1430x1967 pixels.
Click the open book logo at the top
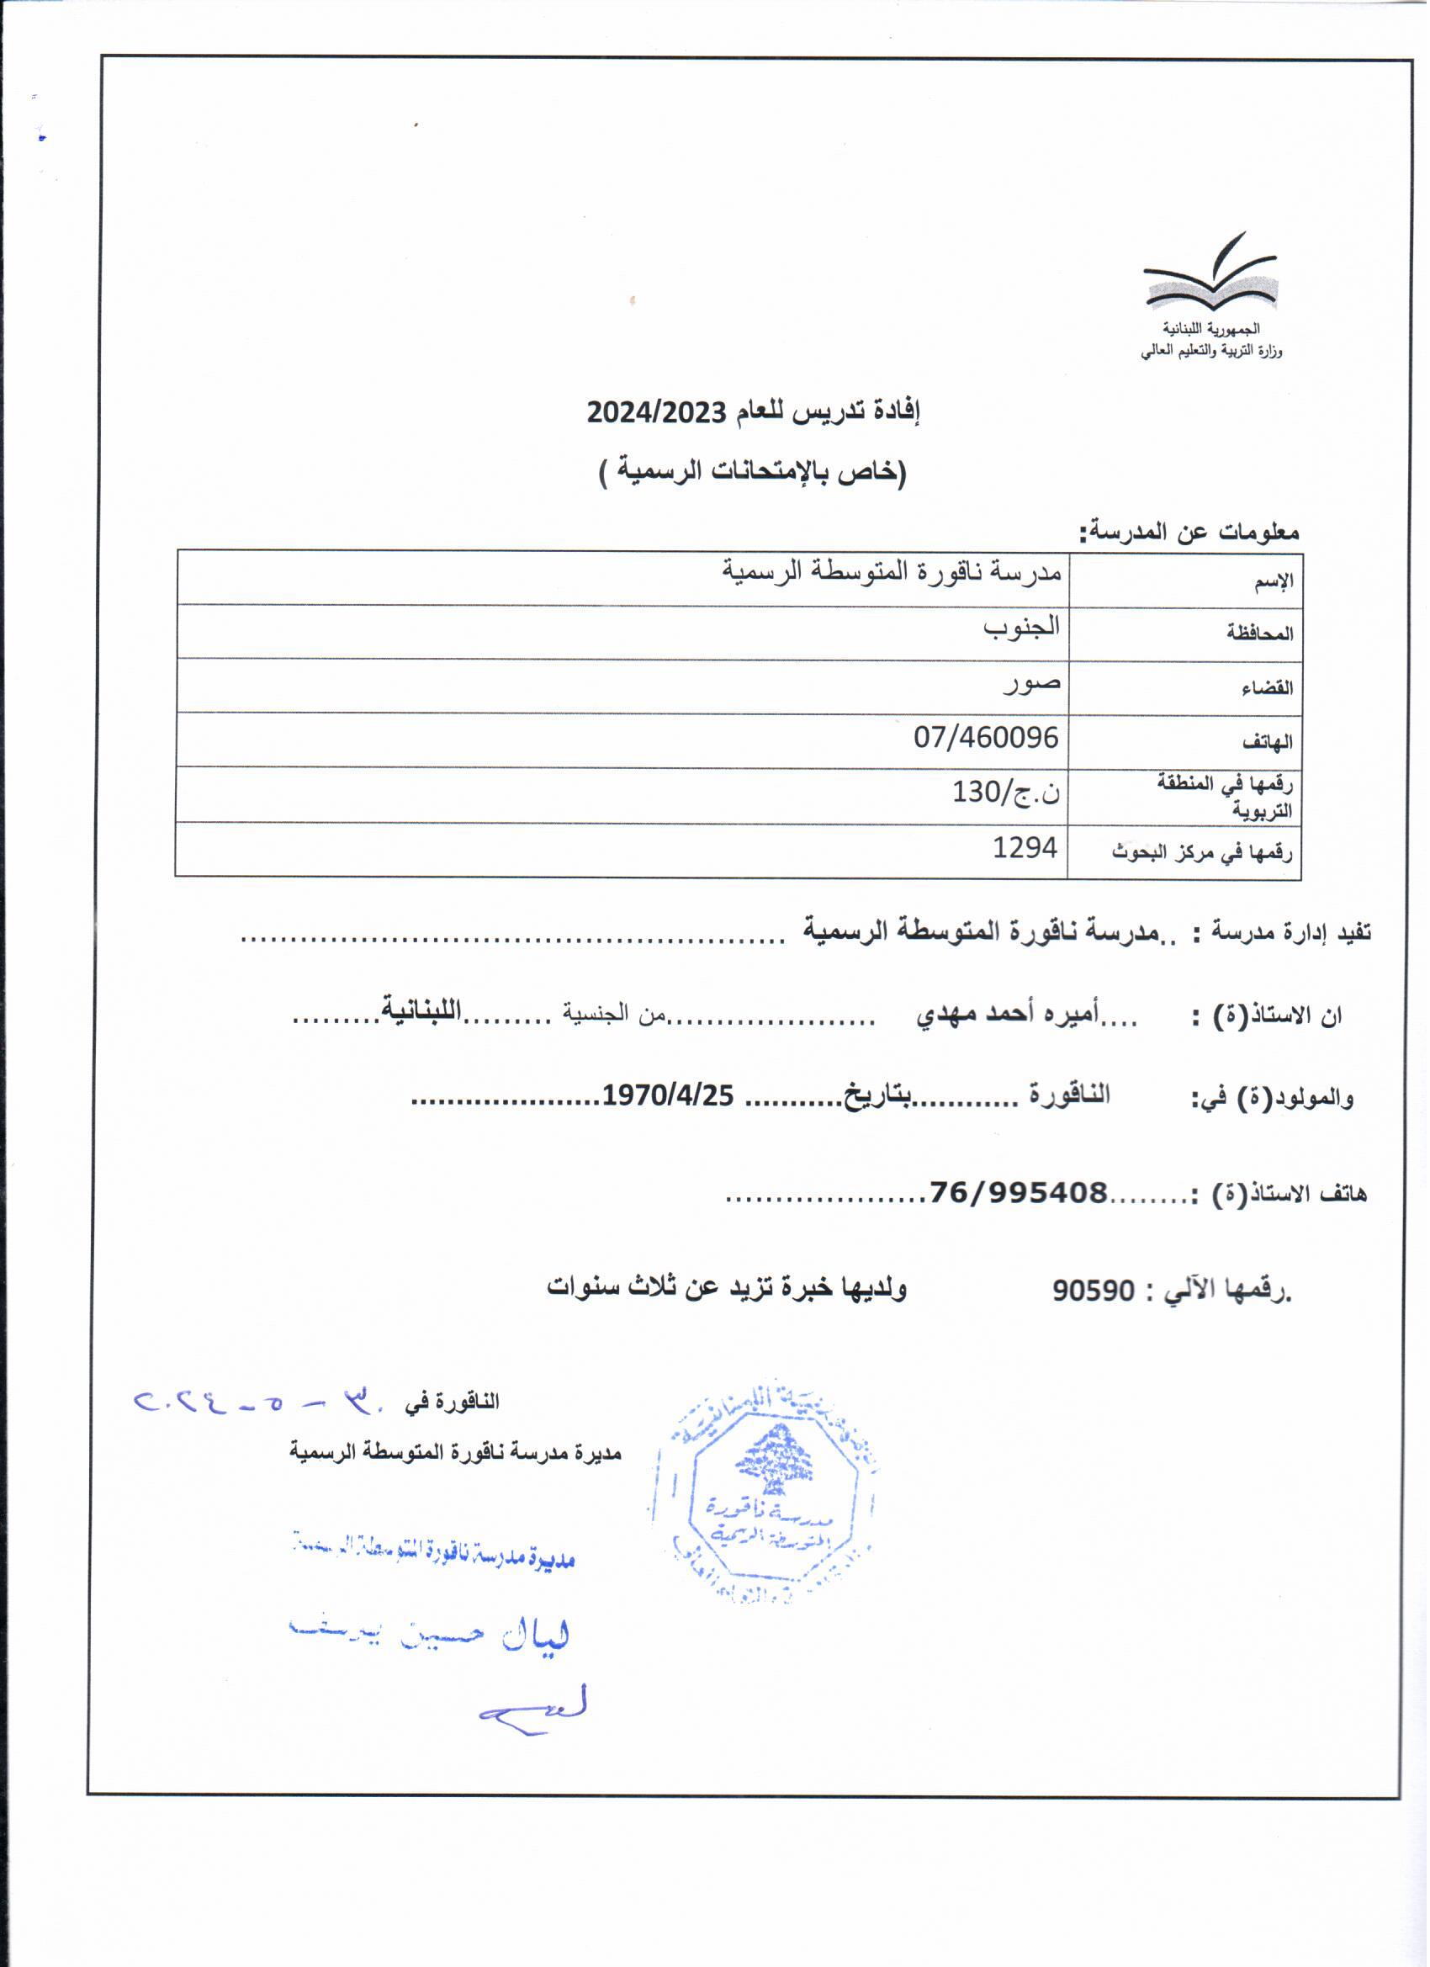pyautogui.click(x=1210, y=275)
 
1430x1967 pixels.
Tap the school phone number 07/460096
pyautogui.click(x=986, y=738)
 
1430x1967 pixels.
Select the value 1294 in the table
pyautogui.click(x=1025, y=847)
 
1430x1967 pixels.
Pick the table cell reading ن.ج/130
pyautogui.click(x=1006, y=792)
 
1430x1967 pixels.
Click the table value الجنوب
pyautogui.click(x=1021, y=627)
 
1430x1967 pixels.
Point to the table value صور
pyautogui.click(x=1032, y=682)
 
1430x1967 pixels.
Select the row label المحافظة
pyautogui.click(x=1259, y=634)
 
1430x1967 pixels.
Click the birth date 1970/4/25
pyautogui.click(x=669, y=1097)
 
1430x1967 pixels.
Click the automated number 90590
pyautogui.click(x=1094, y=1291)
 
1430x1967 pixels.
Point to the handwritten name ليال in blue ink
pyautogui.click(x=537, y=1637)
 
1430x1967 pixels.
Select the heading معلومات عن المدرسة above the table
pyautogui.click(x=1189, y=532)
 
